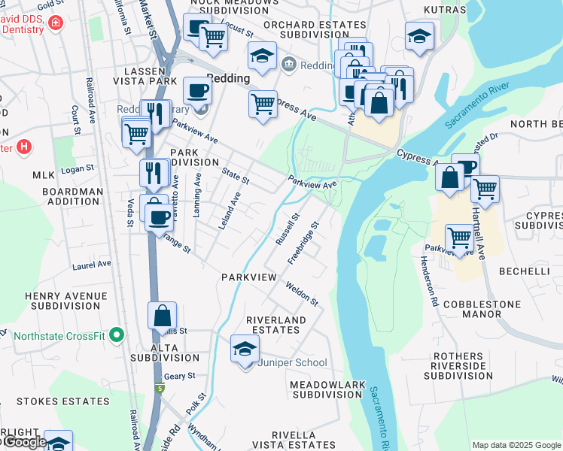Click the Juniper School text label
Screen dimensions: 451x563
point(293,363)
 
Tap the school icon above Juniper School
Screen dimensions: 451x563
point(245,350)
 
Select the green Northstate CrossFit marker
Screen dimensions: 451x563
point(115,334)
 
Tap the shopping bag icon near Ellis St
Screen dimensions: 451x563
point(163,316)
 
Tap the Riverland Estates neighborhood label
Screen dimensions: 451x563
point(277,325)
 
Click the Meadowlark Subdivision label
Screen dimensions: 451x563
point(327,389)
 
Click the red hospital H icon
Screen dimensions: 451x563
point(24,147)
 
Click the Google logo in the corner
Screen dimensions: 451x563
point(24,442)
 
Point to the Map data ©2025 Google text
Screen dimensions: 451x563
point(516,445)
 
